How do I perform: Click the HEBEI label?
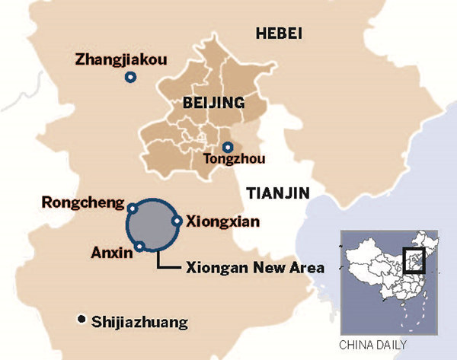pos(280,33)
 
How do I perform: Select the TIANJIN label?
pos(278,193)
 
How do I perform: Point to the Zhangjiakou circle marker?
pos(130,77)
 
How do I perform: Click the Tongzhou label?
pos(227,161)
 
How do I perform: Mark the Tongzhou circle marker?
pos(226,147)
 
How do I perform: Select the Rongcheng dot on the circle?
pos(133,208)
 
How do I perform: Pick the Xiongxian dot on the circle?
pos(177,221)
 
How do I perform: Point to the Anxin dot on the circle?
pos(140,246)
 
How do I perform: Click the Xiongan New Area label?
pos(254,268)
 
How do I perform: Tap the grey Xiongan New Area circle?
pos(153,225)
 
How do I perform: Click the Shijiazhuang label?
pos(139,322)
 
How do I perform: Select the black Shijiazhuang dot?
pos(81,320)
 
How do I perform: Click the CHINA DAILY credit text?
pos(372,342)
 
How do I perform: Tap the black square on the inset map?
pos(414,260)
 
